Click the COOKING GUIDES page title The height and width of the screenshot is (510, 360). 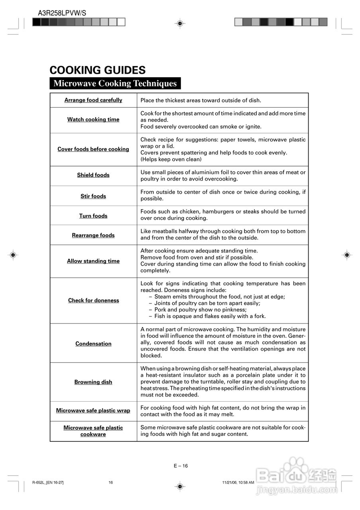coord(97,71)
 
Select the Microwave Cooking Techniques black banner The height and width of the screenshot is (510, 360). coord(115,83)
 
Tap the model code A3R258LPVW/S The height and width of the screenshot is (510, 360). coord(62,13)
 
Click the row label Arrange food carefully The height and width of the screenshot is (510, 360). coord(93,100)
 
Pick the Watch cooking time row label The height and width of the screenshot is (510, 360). coord(93,120)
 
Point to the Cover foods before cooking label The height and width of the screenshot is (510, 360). coord(93,149)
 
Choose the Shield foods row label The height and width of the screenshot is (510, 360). coord(93,175)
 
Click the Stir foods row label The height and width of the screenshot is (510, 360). coord(93,196)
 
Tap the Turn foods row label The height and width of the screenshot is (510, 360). coord(93,216)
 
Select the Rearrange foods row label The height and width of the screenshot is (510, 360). coord(93,235)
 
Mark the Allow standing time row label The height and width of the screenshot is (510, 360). coord(93,261)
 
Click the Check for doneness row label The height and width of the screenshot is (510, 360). coord(93,300)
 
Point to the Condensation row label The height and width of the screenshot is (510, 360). coord(93,344)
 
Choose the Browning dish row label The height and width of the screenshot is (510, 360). coord(93,382)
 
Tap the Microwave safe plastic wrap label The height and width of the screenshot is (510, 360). coord(93,411)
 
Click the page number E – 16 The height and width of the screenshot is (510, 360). coord(180,466)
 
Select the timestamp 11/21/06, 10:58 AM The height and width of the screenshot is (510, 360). coord(238,483)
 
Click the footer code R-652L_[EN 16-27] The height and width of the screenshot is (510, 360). coord(48,483)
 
